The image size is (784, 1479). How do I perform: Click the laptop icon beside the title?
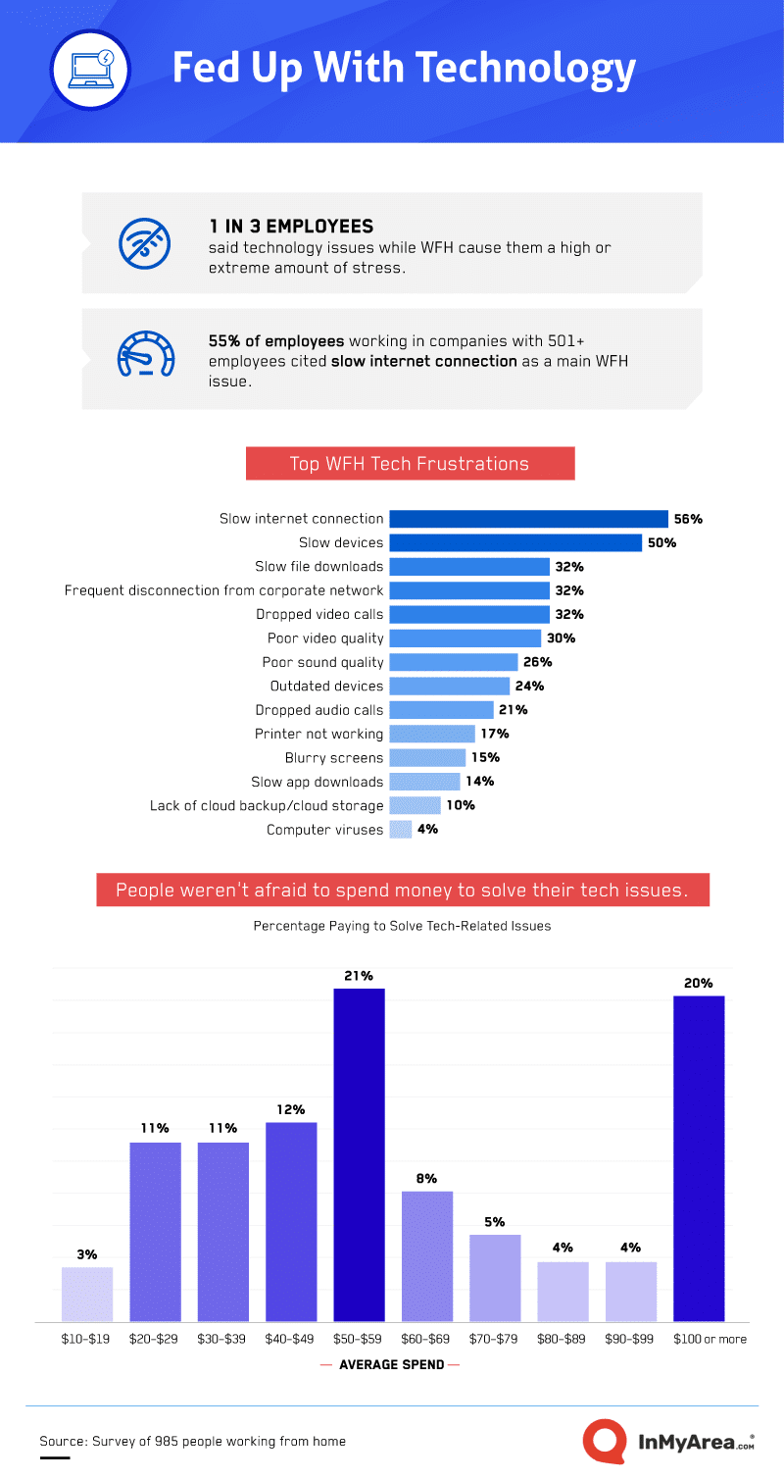click(91, 70)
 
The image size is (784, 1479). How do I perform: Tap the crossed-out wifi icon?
click(145, 242)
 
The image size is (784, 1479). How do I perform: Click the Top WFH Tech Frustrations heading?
click(410, 464)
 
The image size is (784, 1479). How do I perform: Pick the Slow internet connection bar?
click(528, 519)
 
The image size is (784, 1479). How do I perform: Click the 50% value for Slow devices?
click(662, 542)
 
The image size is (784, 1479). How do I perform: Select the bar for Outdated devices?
click(449, 686)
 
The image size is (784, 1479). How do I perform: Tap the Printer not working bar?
click(431, 734)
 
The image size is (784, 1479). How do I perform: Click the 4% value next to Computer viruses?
click(427, 829)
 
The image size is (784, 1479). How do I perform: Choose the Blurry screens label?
click(334, 757)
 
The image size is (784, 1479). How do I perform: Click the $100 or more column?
click(698, 1158)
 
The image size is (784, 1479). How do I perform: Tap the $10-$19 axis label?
click(87, 1339)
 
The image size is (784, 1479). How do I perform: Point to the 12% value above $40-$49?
click(290, 1109)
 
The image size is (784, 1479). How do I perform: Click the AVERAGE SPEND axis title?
click(390, 1364)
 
